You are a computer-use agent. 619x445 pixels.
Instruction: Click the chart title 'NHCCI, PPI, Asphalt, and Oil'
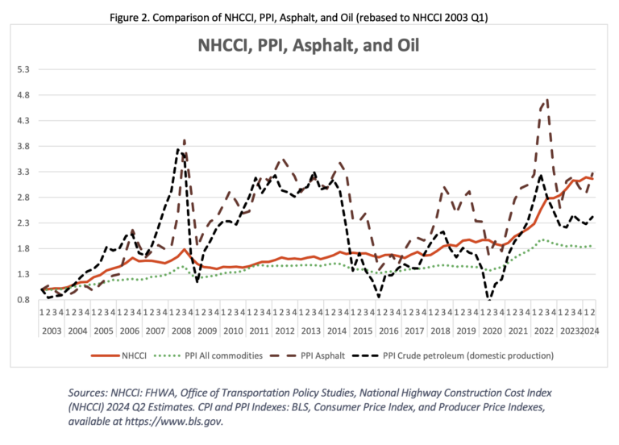309,45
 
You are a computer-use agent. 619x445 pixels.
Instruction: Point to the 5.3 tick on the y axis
22,69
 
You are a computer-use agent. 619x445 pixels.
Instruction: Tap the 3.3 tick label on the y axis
22,172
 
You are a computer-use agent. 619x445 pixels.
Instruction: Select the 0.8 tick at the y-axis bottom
22,300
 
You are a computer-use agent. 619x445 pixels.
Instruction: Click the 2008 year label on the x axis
181,331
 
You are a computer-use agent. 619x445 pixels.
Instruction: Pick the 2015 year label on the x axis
363,331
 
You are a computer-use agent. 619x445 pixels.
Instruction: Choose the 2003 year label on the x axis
52,331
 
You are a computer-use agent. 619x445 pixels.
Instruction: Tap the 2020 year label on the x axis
492,331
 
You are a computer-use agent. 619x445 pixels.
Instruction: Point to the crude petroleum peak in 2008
178,150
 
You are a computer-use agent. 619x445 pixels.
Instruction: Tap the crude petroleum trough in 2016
379,297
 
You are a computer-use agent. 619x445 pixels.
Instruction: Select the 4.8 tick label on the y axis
22,95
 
